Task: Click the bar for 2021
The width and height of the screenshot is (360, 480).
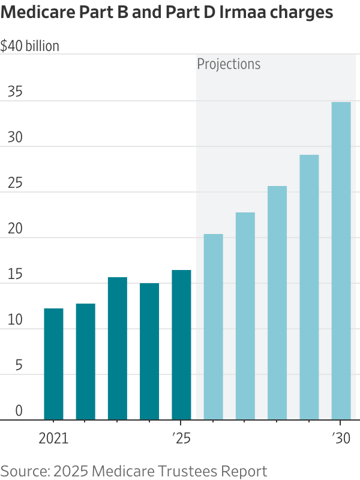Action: [x=53, y=364]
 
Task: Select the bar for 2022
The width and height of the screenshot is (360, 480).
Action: [x=85, y=362]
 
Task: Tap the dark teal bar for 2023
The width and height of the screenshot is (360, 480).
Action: [x=118, y=349]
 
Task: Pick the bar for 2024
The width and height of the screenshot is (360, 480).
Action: [x=149, y=352]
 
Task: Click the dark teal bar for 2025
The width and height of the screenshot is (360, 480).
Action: [x=181, y=345]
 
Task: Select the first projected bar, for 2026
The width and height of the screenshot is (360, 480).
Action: [x=213, y=327]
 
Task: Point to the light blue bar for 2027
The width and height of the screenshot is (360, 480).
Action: [x=245, y=316]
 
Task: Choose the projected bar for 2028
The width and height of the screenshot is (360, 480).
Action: [x=277, y=303]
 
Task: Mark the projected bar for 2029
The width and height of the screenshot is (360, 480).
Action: [x=309, y=287]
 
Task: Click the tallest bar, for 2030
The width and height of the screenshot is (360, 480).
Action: [x=341, y=261]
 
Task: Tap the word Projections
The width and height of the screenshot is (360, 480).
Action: [x=229, y=64]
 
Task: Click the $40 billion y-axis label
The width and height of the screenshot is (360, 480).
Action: [x=30, y=46]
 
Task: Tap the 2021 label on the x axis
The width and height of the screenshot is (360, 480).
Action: [x=53, y=439]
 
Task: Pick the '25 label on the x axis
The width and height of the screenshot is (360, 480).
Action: [x=181, y=439]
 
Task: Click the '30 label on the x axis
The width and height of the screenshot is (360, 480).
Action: [x=341, y=439]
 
